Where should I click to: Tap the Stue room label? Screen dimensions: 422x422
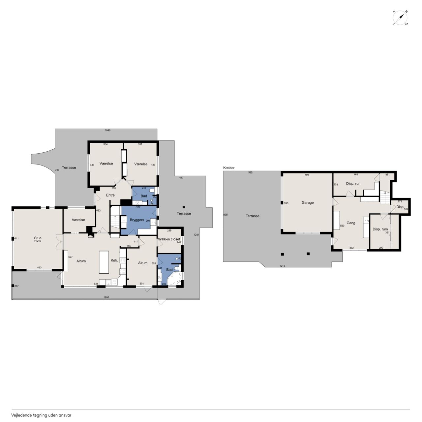pos(38,238)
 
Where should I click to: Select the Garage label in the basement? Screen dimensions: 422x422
pos(308,202)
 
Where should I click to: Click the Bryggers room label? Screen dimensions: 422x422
pos(137,220)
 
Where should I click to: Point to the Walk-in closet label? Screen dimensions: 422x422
pos(169,239)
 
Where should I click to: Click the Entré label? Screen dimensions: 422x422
pos(110,195)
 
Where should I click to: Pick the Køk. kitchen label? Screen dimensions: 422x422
pos(114,260)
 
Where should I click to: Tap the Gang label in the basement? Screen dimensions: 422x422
pos(351,223)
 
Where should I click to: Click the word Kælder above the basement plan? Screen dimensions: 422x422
pos(229,168)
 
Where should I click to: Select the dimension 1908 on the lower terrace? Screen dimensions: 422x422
pos(106,297)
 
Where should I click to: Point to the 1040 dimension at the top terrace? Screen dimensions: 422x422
pos(107,130)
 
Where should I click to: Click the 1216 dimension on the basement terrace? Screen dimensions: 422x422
pos(282,266)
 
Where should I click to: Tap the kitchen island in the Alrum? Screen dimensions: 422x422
pos(104,262)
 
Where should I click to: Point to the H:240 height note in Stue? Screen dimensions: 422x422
pos(38,241)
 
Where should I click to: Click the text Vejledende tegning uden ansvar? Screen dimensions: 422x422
pos(41,415)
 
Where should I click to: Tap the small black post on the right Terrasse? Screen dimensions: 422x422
pos(184,207)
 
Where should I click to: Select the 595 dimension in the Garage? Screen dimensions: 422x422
pos(286,203)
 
